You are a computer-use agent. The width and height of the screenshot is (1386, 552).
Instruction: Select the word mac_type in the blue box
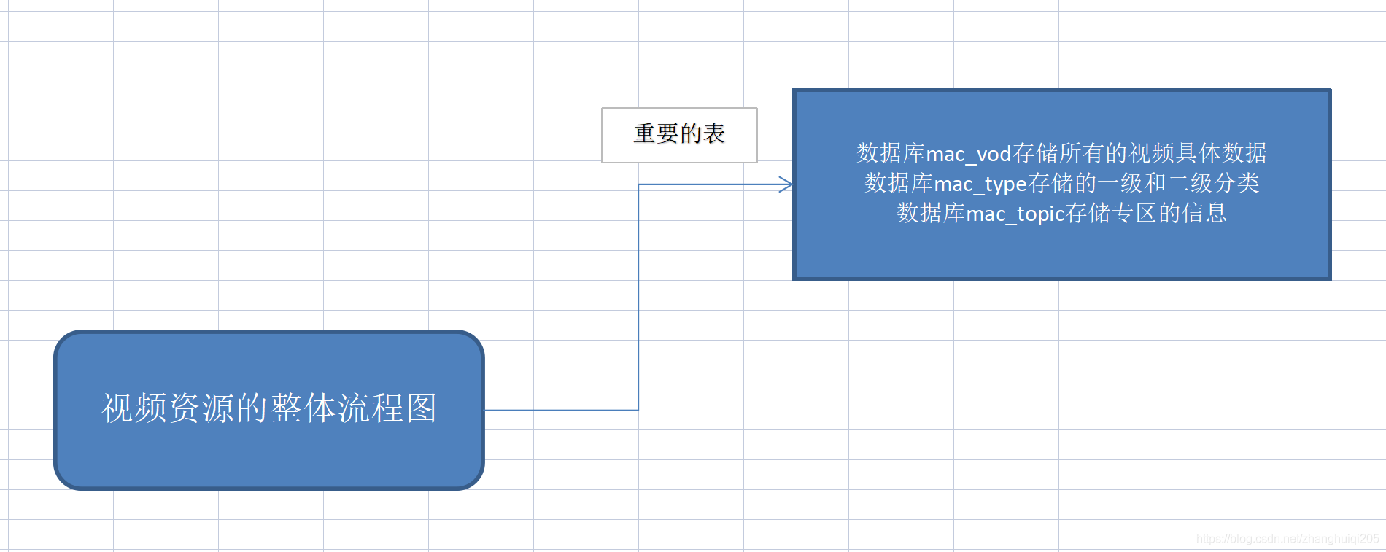click(980, 184)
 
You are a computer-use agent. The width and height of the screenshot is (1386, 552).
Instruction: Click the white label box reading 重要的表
click(679, 135)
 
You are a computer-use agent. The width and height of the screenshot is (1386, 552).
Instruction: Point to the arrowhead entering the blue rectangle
click(786, 184)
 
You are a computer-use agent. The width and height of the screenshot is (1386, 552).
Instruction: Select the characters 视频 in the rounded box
click(134, 408)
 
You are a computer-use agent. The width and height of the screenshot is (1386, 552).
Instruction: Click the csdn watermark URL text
click(1288, 539)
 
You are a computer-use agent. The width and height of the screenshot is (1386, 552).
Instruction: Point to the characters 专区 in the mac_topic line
click(1135, 214)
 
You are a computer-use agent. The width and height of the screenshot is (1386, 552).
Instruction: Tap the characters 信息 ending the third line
click(1204, 214)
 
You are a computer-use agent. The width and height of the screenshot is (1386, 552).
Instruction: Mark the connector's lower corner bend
click(638, 411)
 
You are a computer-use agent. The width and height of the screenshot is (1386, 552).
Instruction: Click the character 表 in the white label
click(714, 134)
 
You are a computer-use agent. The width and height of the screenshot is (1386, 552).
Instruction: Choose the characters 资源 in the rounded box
click(201, 408)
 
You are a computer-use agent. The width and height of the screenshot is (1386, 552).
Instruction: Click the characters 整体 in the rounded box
click(303, 408)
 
